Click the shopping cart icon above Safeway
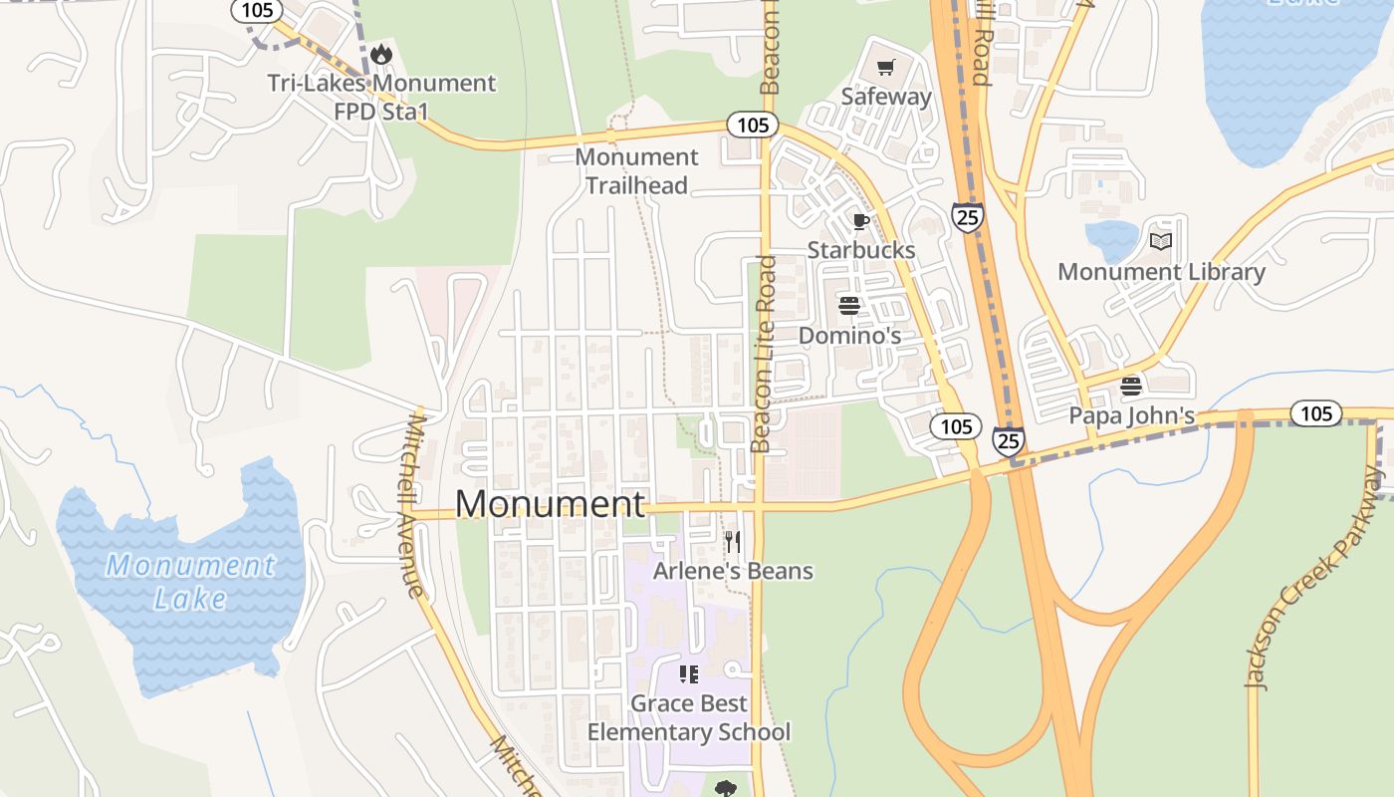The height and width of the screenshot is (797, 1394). point(885,68)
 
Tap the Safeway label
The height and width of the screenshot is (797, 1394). point(886,97)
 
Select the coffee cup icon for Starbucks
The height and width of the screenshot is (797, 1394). point(861,221)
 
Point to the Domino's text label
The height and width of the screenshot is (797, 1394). point(849,336)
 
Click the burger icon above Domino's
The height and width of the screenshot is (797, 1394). point(849,305)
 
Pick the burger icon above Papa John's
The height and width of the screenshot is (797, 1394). point(1131,386)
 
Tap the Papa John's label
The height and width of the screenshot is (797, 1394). point(1131,415)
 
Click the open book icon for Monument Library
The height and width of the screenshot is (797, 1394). point(1161,241)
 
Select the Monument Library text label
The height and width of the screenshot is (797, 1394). point(1161,272)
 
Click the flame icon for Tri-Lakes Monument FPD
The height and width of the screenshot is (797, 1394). point(380,54)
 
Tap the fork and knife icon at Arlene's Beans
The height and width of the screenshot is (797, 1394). point(733,541)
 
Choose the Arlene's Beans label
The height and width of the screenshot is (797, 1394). point(733,571)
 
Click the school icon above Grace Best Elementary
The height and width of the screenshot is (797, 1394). point(688,674)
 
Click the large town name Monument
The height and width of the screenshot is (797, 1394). point(550,504)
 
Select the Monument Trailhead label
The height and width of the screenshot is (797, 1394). point(637,171)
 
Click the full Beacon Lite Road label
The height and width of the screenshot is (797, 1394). point(764,354)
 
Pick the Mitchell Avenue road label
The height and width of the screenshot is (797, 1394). point(414,506)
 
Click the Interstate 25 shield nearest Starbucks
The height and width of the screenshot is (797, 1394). point(967,217)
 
